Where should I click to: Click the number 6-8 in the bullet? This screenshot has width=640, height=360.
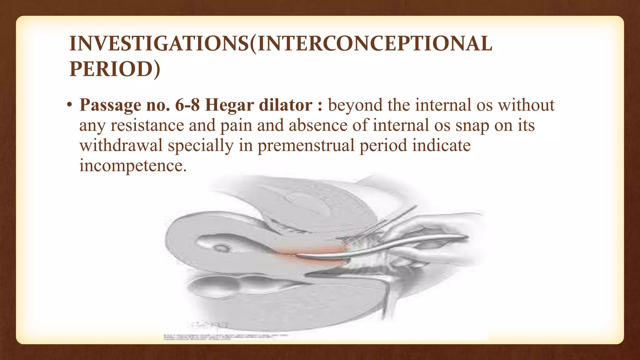[187, 105]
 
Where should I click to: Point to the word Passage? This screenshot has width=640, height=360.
[110, 106]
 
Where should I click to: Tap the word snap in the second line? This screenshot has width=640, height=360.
[472, 126]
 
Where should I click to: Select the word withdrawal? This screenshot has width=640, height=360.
[121, 146]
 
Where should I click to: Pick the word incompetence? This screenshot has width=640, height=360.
[132, 166]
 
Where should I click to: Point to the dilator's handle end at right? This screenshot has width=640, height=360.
[459, 238]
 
